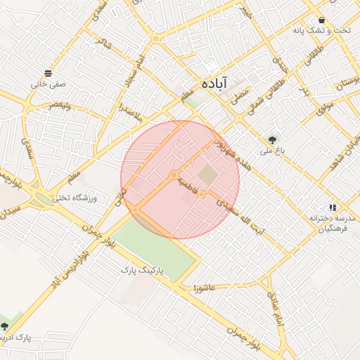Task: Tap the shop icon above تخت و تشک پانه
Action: point(321,20)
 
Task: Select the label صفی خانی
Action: point(48,83)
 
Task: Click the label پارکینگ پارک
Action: point(146,269)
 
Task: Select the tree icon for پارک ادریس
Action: point(6,326)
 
